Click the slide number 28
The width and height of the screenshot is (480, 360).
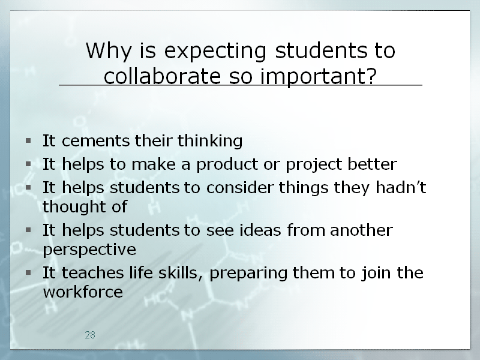(x=90, y=335)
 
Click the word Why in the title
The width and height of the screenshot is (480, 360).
(x=109, y=51)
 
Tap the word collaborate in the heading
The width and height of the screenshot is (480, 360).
(x=162, y=76)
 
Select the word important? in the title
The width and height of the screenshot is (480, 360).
(x=319, y=77)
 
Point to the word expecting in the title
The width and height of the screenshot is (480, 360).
(x=215, y=52)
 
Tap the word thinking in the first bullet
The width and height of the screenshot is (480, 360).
(x=210, y=141)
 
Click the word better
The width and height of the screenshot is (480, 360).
(x=372, y=164)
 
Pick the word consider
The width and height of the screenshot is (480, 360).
(x=239, y=187)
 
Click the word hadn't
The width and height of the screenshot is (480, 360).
(x=401, y=187)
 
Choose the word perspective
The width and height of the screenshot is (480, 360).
(x=89, y=250)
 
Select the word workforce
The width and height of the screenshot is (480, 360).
(x=83, y=292)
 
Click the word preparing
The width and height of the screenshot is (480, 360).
(x=248, y=273)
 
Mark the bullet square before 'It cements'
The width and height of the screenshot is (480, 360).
(x=28, y=140)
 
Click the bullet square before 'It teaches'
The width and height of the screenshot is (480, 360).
(x=28, y=272)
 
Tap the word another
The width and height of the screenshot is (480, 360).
(x=362, y=230)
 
